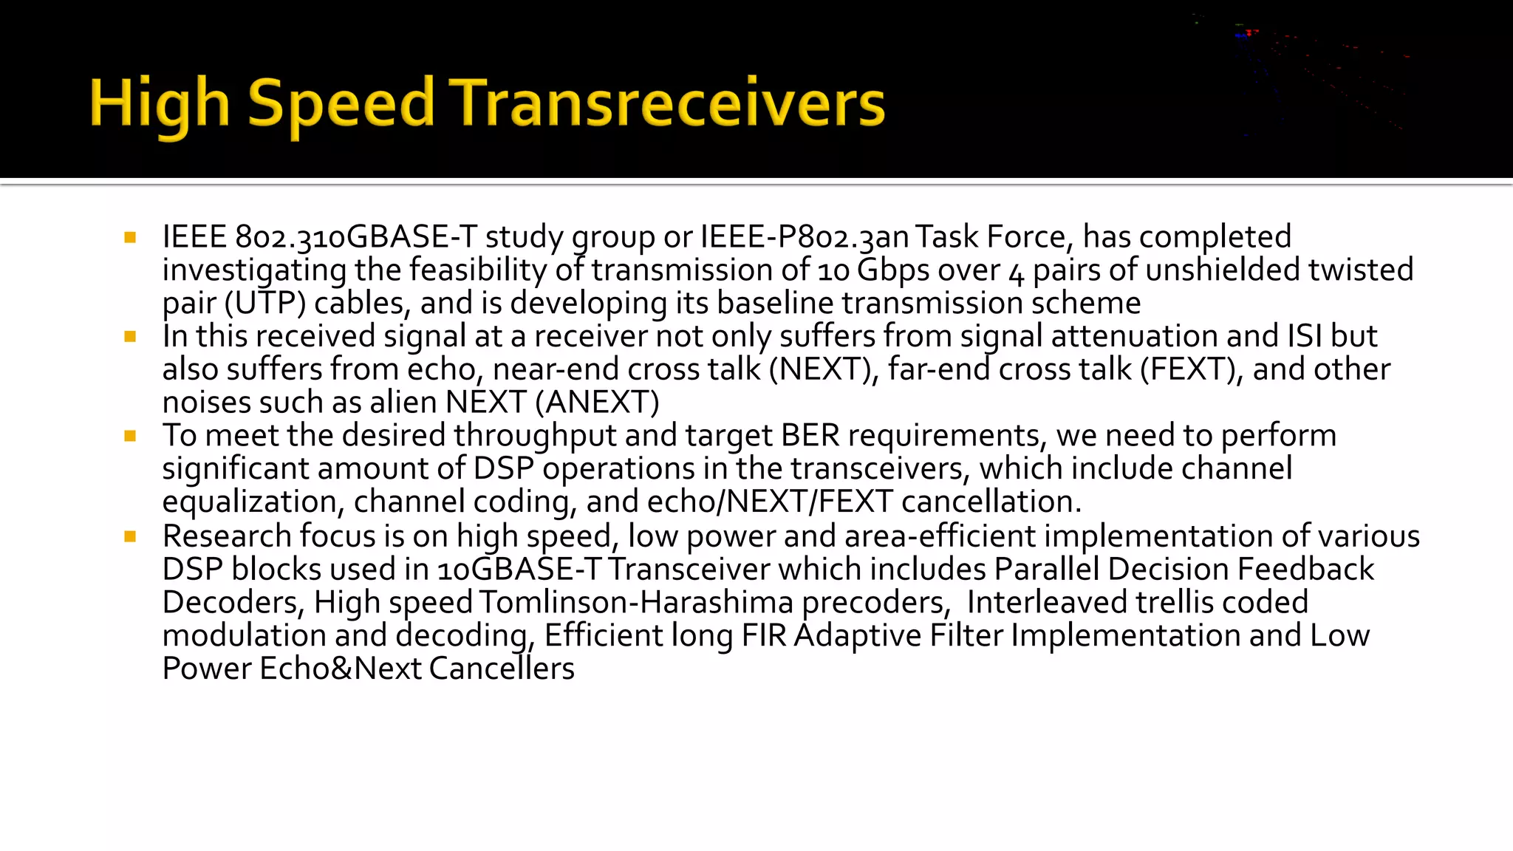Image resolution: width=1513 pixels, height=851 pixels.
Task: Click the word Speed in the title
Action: coord(341,103)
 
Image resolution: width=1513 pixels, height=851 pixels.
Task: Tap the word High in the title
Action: coord(160,103)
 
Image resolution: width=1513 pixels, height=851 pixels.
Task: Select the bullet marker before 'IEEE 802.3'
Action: coord(131,238)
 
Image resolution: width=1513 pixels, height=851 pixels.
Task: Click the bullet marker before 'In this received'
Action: coord(131,337)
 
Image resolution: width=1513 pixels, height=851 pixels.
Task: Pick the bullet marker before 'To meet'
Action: coord(131,437)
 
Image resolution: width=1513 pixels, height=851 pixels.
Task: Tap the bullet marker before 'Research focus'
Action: coord(131,537)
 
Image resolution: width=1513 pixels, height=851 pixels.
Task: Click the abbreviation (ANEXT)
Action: coord(597,403)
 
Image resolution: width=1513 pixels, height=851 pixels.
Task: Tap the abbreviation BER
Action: coord(810,436)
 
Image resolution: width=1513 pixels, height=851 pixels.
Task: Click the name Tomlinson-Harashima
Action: coord(636,603)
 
